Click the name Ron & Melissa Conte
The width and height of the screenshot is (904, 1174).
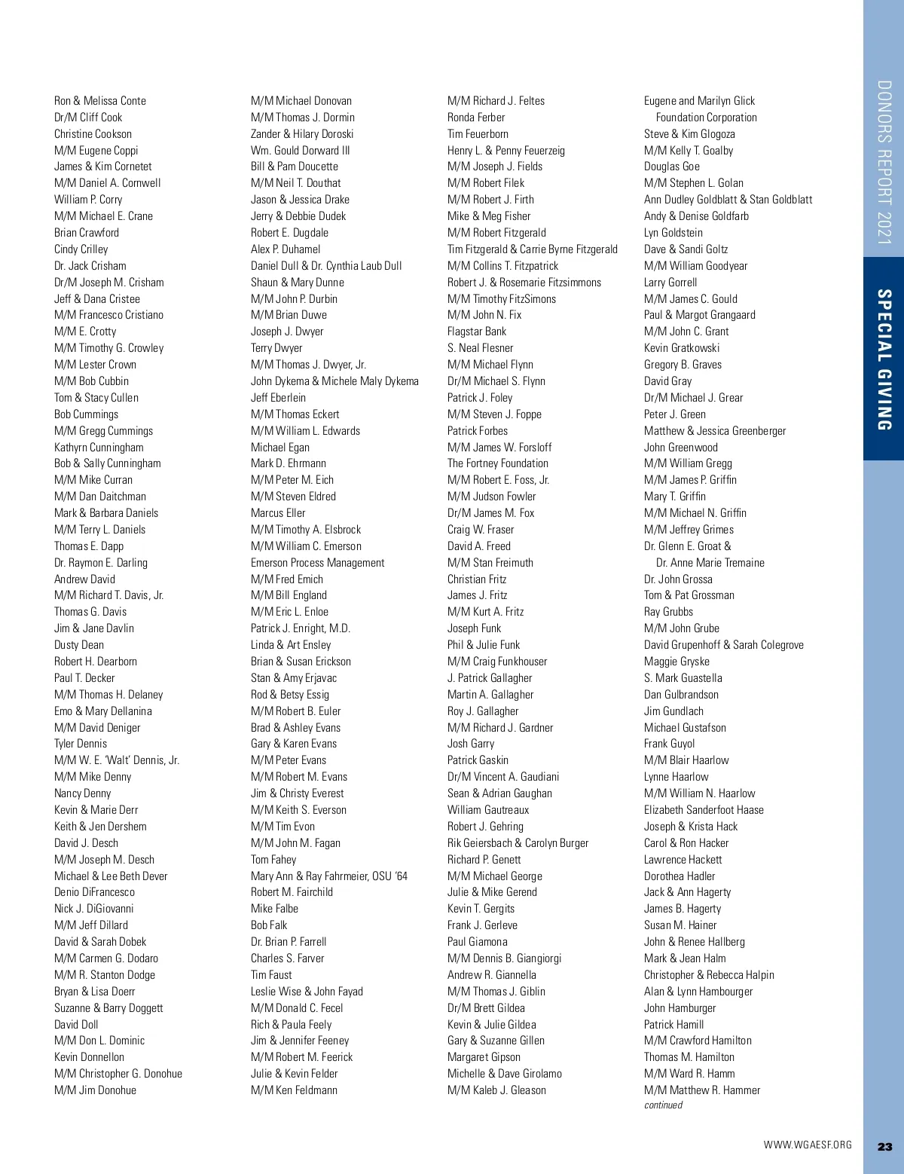coord(100,101)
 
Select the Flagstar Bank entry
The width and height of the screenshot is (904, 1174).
coord(477,332)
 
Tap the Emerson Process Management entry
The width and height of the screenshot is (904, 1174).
coord(317,563)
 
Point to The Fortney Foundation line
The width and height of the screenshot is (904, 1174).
coord(497,463)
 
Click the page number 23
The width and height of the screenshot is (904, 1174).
coord(884,1147)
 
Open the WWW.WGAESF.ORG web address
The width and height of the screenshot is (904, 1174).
coord(808,1145)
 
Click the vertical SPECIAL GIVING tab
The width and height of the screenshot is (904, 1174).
coord(884,359)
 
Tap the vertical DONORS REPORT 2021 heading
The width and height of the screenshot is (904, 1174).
coord(884,162)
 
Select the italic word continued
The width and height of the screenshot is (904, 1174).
coord(663,1105)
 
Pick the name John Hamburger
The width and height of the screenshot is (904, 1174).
coord(680,1008)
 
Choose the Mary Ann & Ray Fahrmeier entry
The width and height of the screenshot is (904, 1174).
coord(328,876)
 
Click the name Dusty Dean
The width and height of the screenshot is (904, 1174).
coord(79,645)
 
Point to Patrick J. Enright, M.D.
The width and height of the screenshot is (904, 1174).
coord(301,628)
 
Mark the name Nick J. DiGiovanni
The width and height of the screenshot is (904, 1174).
coord(93,909)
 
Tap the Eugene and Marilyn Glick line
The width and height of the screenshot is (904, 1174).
coord(699,101)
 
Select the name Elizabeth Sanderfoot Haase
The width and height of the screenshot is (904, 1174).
coord(704,810)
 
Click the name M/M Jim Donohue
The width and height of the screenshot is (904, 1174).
coord(95,1090)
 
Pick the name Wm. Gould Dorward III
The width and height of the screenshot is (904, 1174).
coord(300,151)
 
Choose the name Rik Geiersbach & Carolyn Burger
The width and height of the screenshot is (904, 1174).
coord(518,843)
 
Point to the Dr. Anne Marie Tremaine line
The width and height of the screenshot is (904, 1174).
coord(710,563)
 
